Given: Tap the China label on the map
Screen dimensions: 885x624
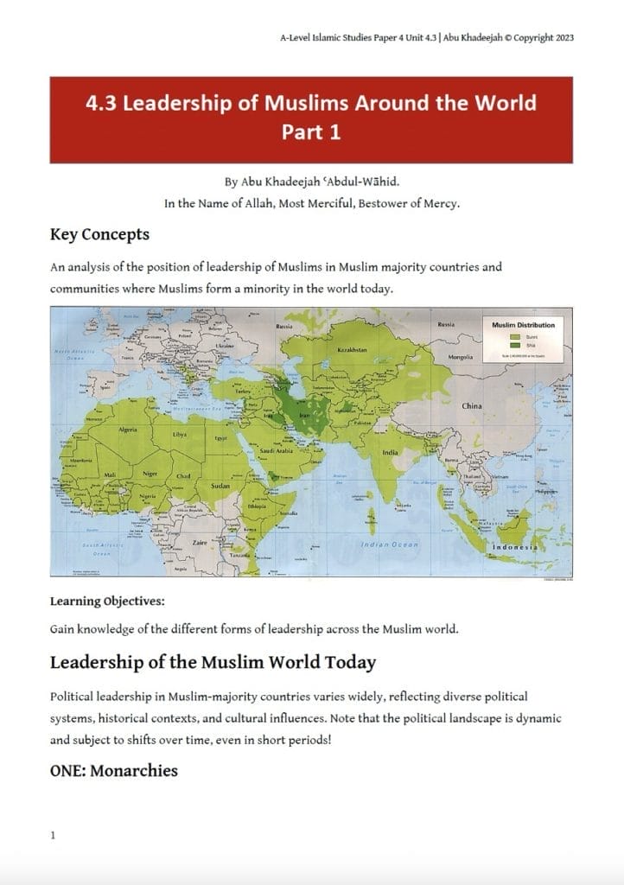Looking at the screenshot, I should pyautogui.click(x=472, y=405).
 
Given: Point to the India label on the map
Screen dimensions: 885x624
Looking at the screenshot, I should pyautogui.click(x=391, y=453).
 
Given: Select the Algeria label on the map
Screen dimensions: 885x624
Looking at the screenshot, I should pyautogui.click(x=128, y=430).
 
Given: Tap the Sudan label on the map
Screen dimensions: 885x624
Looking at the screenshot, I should pyautogui.click(x=220, y=487).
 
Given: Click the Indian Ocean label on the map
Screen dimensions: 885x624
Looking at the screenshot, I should pyautogui.click(x=389, y=544).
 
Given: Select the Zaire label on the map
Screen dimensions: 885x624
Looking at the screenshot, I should pyautogui.click(x=198, y=544).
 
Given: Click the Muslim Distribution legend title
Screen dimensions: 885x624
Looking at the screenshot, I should pyautogui.click(x=524, y=325).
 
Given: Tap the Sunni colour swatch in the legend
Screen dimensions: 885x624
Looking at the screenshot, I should pyautogui.click(x=515, y=335).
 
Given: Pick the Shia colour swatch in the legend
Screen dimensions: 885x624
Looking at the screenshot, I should pyautogui.click(x=515, y=344).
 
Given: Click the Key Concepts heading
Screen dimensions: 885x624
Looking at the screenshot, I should pyautogui.click(x=99, y=234).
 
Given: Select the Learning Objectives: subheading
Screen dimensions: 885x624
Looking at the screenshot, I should pyautogui.click(x=107, y=601).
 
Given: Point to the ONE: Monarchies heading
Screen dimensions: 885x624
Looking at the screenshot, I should pyautogui.click(x=114, y=770).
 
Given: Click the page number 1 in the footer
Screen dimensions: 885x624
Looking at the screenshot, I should pyautogui.click(x=54, y=836).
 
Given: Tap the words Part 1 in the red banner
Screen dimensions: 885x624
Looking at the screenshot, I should pyautogui.click(x=311, y=132).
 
